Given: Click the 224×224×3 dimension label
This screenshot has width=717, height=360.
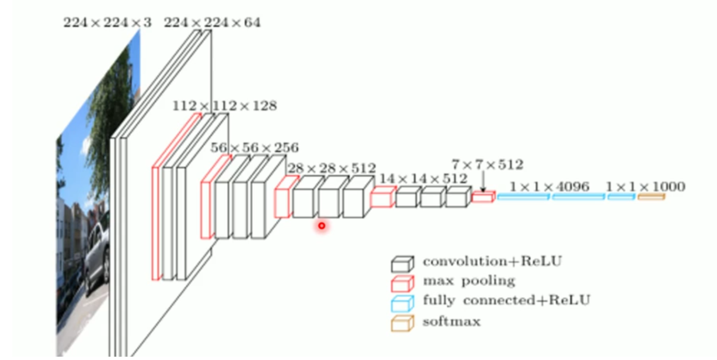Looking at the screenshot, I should tap(100, 23).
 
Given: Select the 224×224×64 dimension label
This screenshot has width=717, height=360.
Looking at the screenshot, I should tap(212, 23).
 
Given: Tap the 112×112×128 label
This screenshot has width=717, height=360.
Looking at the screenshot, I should tap(224, 106).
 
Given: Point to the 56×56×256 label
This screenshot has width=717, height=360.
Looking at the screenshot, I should tap(254, 148).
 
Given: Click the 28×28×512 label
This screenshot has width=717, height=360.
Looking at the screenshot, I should tap(331, 168).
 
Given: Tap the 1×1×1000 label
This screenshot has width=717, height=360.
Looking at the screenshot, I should tap(646, 187).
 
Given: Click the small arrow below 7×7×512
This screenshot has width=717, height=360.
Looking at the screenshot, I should tap(483, 183).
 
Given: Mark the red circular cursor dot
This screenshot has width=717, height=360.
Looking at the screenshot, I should tap(321, 226).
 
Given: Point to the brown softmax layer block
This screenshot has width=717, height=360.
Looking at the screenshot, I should tap(651, 197).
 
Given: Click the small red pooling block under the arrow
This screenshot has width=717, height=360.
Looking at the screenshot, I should tap(483, 197).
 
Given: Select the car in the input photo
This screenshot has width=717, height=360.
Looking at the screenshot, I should tap(96, 258).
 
